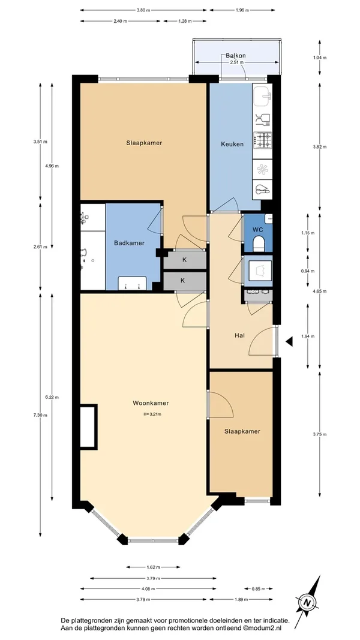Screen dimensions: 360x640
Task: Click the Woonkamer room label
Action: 151,403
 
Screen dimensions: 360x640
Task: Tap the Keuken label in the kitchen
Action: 232,144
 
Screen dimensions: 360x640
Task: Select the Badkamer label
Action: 129,243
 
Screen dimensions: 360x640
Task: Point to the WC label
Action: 257,229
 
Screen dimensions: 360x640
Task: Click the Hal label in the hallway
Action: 239,336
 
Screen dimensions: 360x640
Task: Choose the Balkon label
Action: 236,56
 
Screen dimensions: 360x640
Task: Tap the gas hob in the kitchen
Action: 262,140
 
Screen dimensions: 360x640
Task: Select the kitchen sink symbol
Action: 262,95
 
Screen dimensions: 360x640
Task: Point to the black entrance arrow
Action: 289,342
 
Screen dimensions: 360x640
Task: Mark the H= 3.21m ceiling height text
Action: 152,414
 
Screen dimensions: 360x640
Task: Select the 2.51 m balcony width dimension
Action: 237,62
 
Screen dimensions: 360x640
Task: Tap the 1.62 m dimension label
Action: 153,567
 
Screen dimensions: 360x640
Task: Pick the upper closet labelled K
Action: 184,260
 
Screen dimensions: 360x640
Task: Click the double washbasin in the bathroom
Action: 132,283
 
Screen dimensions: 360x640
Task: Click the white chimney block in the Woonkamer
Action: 89,427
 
